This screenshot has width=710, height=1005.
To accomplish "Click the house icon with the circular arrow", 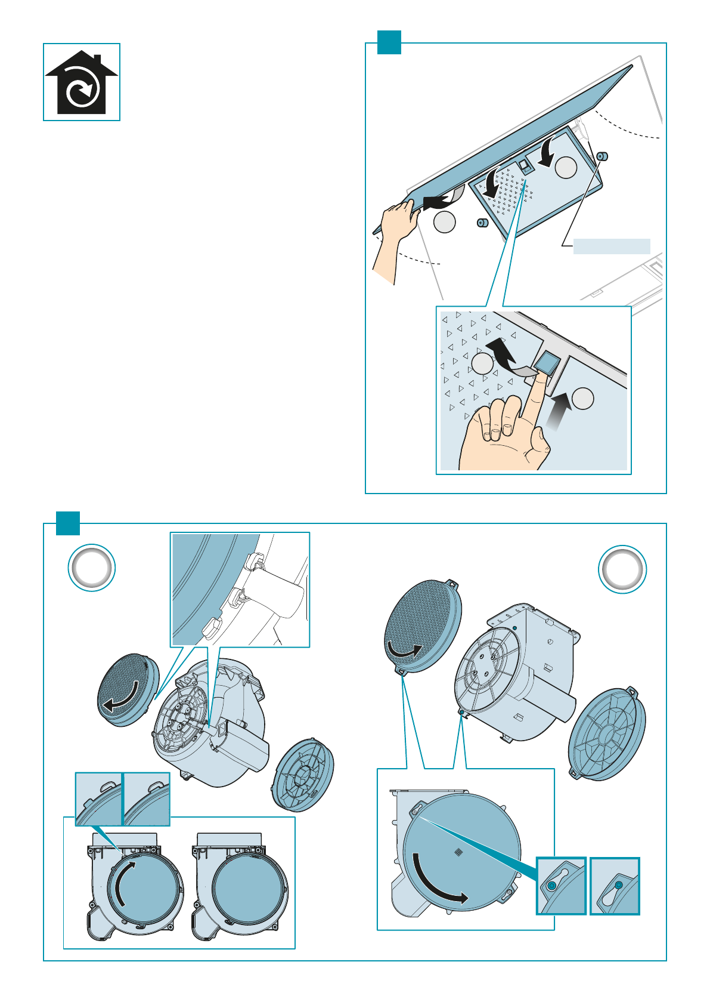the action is point(82,82).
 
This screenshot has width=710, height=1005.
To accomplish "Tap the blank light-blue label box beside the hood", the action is point(611,246).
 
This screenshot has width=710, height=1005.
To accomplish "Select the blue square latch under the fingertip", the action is point(547,362).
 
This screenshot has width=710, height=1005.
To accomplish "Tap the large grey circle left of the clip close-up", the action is point(92,568).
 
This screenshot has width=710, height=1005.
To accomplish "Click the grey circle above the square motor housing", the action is point(622,569).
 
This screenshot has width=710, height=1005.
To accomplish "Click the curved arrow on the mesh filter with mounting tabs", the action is point(405,650).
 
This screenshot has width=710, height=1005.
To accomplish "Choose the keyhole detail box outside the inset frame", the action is point(615,886).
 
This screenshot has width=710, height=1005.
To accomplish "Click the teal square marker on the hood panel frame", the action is point(389,42).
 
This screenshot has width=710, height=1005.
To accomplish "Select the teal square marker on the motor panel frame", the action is point(68,523).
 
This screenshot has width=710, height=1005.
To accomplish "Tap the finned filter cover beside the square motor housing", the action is point(607,734).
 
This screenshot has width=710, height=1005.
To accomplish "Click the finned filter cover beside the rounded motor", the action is point(303,775).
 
